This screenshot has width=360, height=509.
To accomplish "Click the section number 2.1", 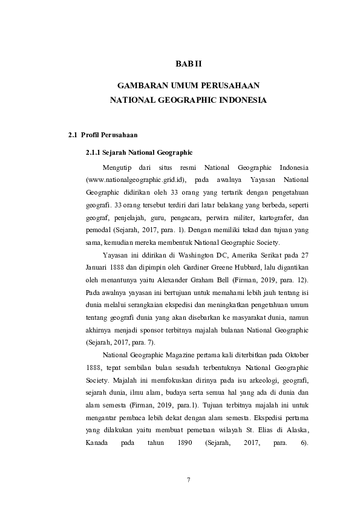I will click(73, 134).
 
